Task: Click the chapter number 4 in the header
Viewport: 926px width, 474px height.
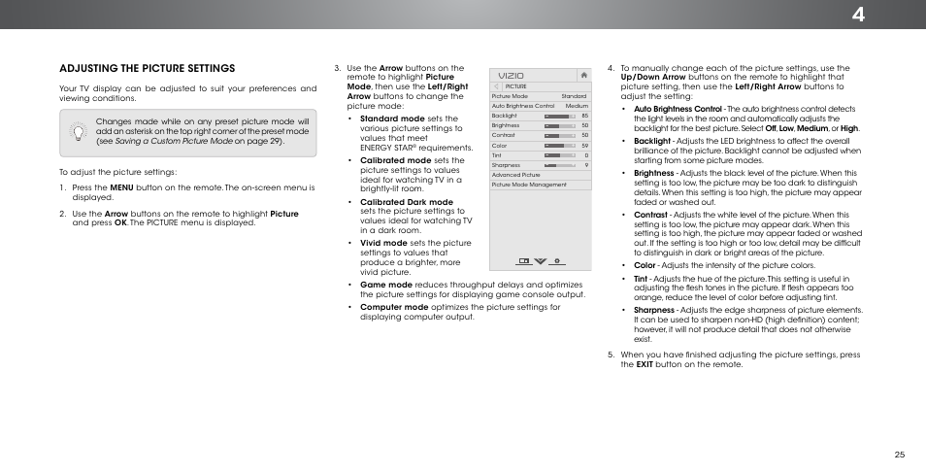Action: coord(906,15)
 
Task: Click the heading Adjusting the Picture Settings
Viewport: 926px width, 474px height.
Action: coord(147,68)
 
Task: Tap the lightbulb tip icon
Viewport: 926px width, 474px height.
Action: coord(78,132)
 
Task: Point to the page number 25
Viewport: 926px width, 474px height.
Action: coord(899,453)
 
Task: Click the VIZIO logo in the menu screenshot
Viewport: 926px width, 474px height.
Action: coord(512,75)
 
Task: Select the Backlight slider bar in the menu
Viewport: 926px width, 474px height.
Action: coord(557,116)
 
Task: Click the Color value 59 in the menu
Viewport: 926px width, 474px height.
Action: coord(584,146)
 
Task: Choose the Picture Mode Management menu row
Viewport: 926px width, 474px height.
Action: coord(529,185)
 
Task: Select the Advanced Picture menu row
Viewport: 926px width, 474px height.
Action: coord(516,175)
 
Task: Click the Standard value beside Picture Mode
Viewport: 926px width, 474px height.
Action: coord(574,96)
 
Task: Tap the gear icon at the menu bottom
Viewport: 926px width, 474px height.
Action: coord(557,261)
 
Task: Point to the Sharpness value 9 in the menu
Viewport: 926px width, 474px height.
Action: coord(586,165)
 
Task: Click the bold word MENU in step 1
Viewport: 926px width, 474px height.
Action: coord(121,187)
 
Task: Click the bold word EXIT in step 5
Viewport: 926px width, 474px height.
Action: coord(644,364)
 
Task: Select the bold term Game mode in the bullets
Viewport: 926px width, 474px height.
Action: coord(386,285)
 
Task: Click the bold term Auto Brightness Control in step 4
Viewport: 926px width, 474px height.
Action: coord(678,109)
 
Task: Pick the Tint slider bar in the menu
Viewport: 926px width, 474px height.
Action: coord(557,155)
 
